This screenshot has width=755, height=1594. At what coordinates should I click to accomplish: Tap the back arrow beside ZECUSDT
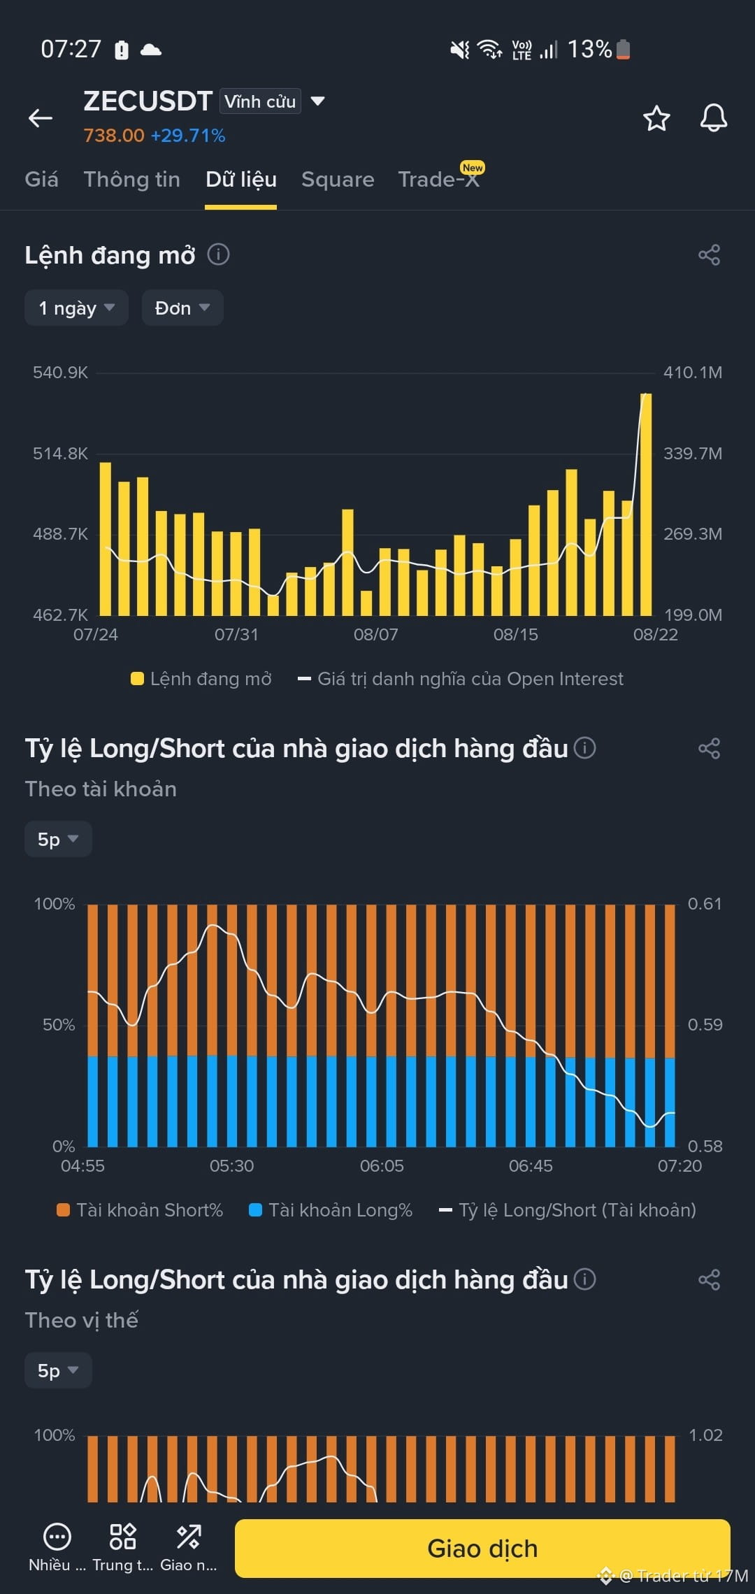click(x=41, y=118)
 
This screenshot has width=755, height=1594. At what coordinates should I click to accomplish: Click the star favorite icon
click(x=656, y=118)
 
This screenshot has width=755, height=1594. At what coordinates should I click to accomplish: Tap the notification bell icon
click(x=714, y=118)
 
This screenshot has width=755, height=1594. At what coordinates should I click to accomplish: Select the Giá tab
click(x=41, y=180)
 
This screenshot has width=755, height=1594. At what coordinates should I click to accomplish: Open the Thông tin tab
click(x=132, y=180)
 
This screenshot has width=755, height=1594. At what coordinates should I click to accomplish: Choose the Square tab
click(x=338, y=180)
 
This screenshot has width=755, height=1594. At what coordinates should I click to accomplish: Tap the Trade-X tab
click(x=439, y=180)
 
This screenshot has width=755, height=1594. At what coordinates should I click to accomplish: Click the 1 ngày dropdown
click(x=76, y=308)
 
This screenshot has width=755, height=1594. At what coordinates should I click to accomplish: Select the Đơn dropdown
click(x=182, y=308)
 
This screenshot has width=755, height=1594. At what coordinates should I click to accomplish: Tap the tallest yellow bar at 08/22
click(x=646, y=504)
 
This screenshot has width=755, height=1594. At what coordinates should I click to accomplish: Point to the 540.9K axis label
click(x=60, y=373)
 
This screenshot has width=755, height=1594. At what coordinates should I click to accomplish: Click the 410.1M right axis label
click(x=693, y=373)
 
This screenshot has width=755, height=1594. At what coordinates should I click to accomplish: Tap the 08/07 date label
click(x=375, y=635)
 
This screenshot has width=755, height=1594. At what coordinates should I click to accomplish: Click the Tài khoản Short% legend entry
click(x=140, y=1210)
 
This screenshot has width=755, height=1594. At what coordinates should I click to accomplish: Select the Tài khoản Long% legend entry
click(x=331, y=1210)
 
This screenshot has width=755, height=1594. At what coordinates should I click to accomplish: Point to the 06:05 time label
click(x=382, y=1166)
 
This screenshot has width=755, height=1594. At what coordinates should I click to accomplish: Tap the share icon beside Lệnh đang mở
click(x=709, y=255)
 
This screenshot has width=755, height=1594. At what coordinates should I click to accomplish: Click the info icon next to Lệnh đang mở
click(x=218, y=254)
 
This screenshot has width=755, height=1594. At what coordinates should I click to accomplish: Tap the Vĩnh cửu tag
click(x=260, y=101)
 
